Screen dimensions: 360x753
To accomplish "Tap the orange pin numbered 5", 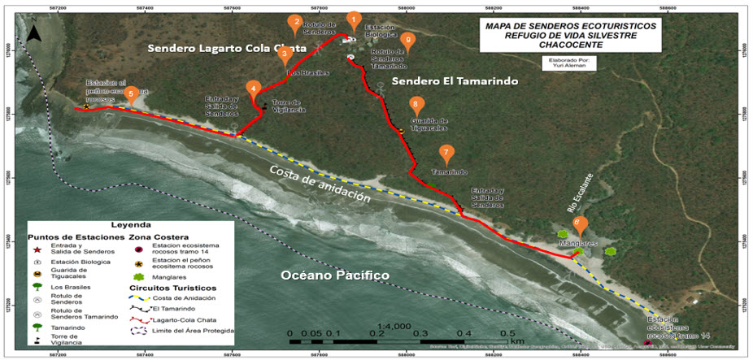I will tap(130, 93).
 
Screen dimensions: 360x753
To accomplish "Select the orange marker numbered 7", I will tap(446, 153).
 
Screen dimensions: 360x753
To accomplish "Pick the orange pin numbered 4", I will tap(254, 89).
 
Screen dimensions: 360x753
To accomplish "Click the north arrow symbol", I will tap(34, 33).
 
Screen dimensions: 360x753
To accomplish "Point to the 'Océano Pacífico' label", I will tap(334, 276).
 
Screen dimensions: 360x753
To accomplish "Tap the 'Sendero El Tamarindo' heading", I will tap(442, 82).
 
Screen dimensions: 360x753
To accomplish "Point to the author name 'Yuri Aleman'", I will tap(569, 66).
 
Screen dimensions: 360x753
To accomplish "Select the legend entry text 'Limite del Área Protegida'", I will tap(191, 331).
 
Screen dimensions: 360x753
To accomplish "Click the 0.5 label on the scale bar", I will tap(507, 335).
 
